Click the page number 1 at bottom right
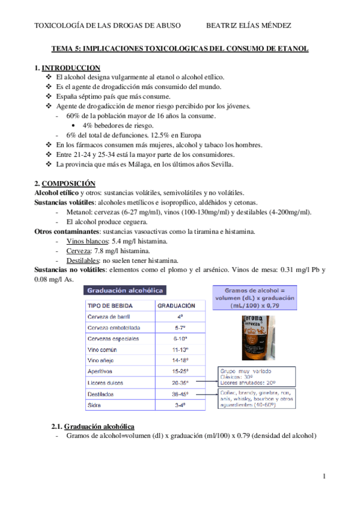tap(324, 477)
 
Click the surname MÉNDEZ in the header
tap(274, 25)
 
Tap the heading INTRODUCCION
tap(71, 68)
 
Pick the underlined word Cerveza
tap(79, 250)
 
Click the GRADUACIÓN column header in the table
tap(176, 306)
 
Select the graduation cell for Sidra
tap(180, 405)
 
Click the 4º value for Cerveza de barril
tap(180, 316)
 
